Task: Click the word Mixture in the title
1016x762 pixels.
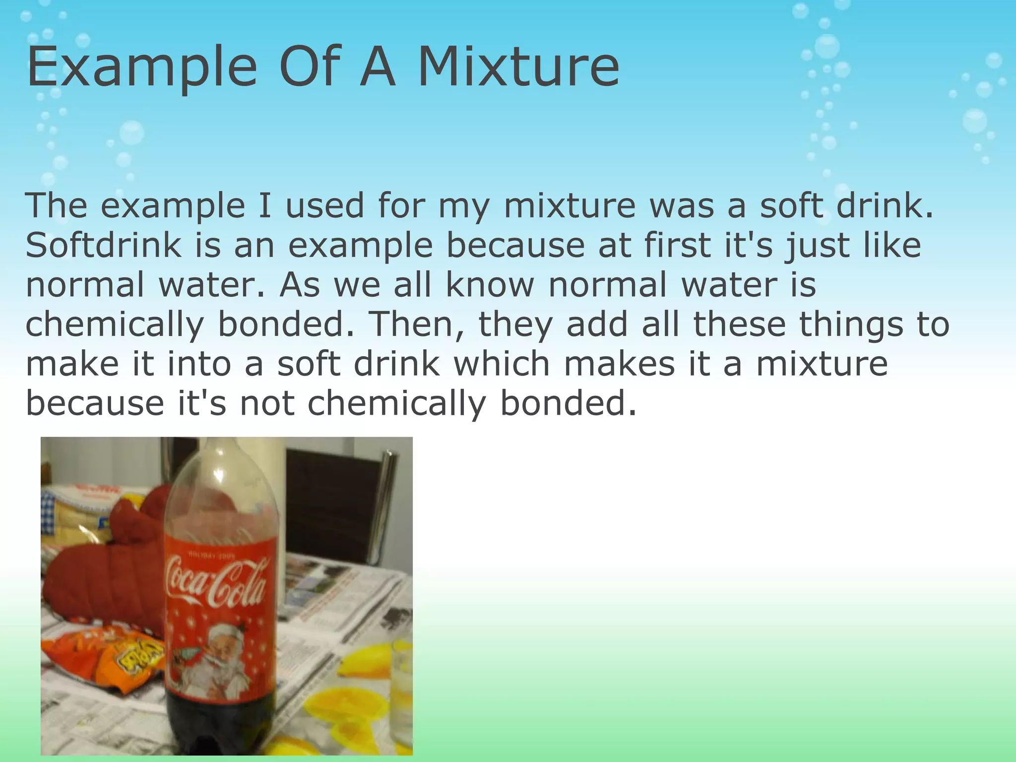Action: pyautogui.click(x=518, y=66)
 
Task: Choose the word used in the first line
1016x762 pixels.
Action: pyautogui.click(x=324, y=205)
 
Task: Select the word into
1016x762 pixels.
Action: pyautogui.click(x=199, y=364)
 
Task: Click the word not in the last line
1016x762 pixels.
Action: pyautogui.click(x=267, y=403)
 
